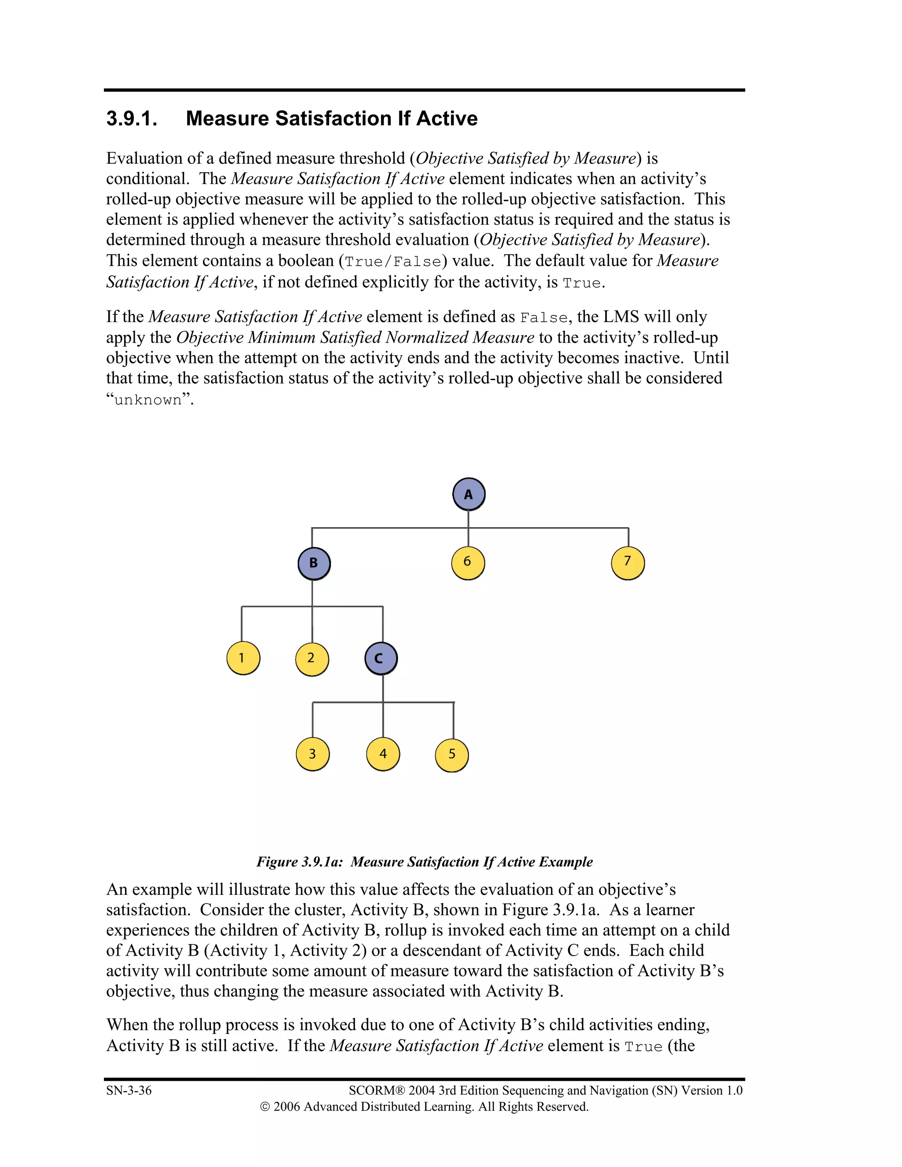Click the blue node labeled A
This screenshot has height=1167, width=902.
469,494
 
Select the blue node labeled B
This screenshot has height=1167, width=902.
314,563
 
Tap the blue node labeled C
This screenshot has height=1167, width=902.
381,658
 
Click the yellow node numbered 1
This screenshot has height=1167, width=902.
243,658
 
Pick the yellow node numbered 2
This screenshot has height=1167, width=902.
311,658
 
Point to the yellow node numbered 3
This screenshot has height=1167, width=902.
313,754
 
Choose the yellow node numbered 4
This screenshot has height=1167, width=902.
383,754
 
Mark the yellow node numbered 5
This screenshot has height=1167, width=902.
451,754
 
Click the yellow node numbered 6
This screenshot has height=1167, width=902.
468,562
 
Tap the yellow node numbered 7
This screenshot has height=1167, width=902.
627,562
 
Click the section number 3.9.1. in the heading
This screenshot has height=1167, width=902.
131,118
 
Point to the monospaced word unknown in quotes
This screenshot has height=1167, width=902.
148,400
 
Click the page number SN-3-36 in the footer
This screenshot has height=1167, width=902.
129,1090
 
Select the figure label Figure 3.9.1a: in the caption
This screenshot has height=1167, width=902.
299,862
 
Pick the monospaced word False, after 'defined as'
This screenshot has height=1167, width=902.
543,318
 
